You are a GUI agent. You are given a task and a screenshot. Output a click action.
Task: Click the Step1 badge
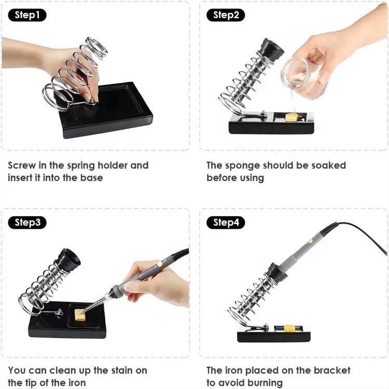point(27,15)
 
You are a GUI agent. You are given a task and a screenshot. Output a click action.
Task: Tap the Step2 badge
point(226,15)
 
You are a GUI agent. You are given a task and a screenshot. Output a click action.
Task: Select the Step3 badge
point(27,223)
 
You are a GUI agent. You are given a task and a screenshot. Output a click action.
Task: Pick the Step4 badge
point(226,223)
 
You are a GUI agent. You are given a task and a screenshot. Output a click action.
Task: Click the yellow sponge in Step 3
point(80,315)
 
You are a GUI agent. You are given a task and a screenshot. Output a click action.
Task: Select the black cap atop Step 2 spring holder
point(271,50)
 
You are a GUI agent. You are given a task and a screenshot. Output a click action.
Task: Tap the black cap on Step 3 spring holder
point(68,260)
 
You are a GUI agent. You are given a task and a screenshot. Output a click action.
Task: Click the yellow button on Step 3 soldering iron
point(159,264)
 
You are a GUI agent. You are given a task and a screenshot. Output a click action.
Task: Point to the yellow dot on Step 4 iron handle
point(310,240)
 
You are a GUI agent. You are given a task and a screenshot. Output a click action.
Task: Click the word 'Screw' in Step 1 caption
point(22,165)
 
